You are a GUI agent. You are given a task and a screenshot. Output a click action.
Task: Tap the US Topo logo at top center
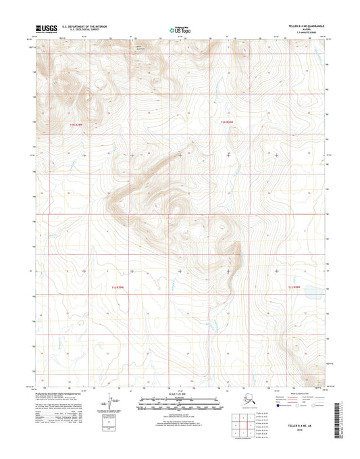click(180, 29)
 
